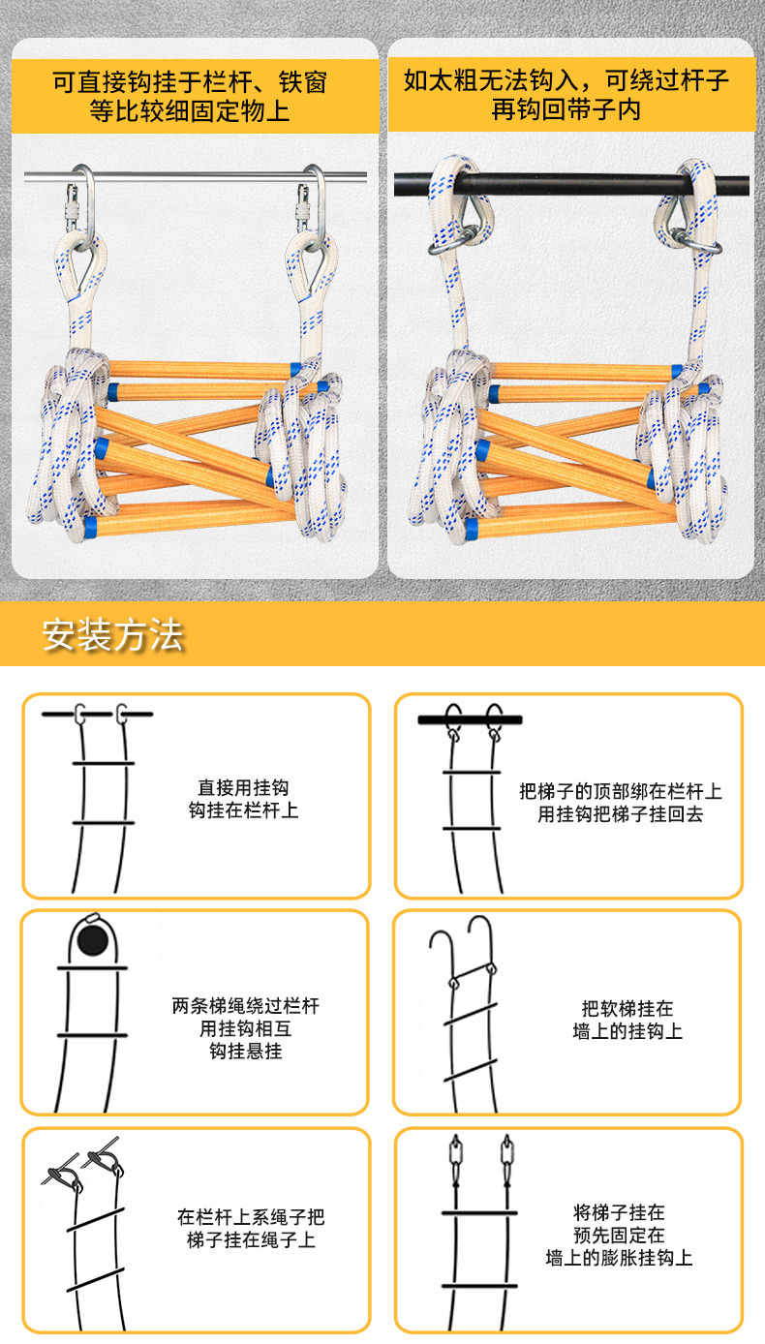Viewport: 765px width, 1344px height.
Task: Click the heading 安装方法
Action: (112, 635)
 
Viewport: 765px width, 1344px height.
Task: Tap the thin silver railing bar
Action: (195, 176)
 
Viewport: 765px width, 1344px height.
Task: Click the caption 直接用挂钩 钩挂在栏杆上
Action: (243, 799)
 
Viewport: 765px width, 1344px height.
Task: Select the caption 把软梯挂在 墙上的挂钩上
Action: (627, 1020)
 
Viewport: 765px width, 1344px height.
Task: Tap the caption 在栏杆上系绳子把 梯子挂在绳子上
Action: (251, 1228)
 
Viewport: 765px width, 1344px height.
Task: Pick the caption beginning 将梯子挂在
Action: (619, 1235)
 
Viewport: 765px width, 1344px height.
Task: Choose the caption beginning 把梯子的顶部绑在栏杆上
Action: (621, 802)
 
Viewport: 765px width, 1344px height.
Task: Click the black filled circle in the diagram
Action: (92, 940)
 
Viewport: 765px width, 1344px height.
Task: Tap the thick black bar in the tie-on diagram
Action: (470, 719)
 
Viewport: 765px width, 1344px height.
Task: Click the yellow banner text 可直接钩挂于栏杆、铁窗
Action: (190, 82)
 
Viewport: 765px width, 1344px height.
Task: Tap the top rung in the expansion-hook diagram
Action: (479, 1213)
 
